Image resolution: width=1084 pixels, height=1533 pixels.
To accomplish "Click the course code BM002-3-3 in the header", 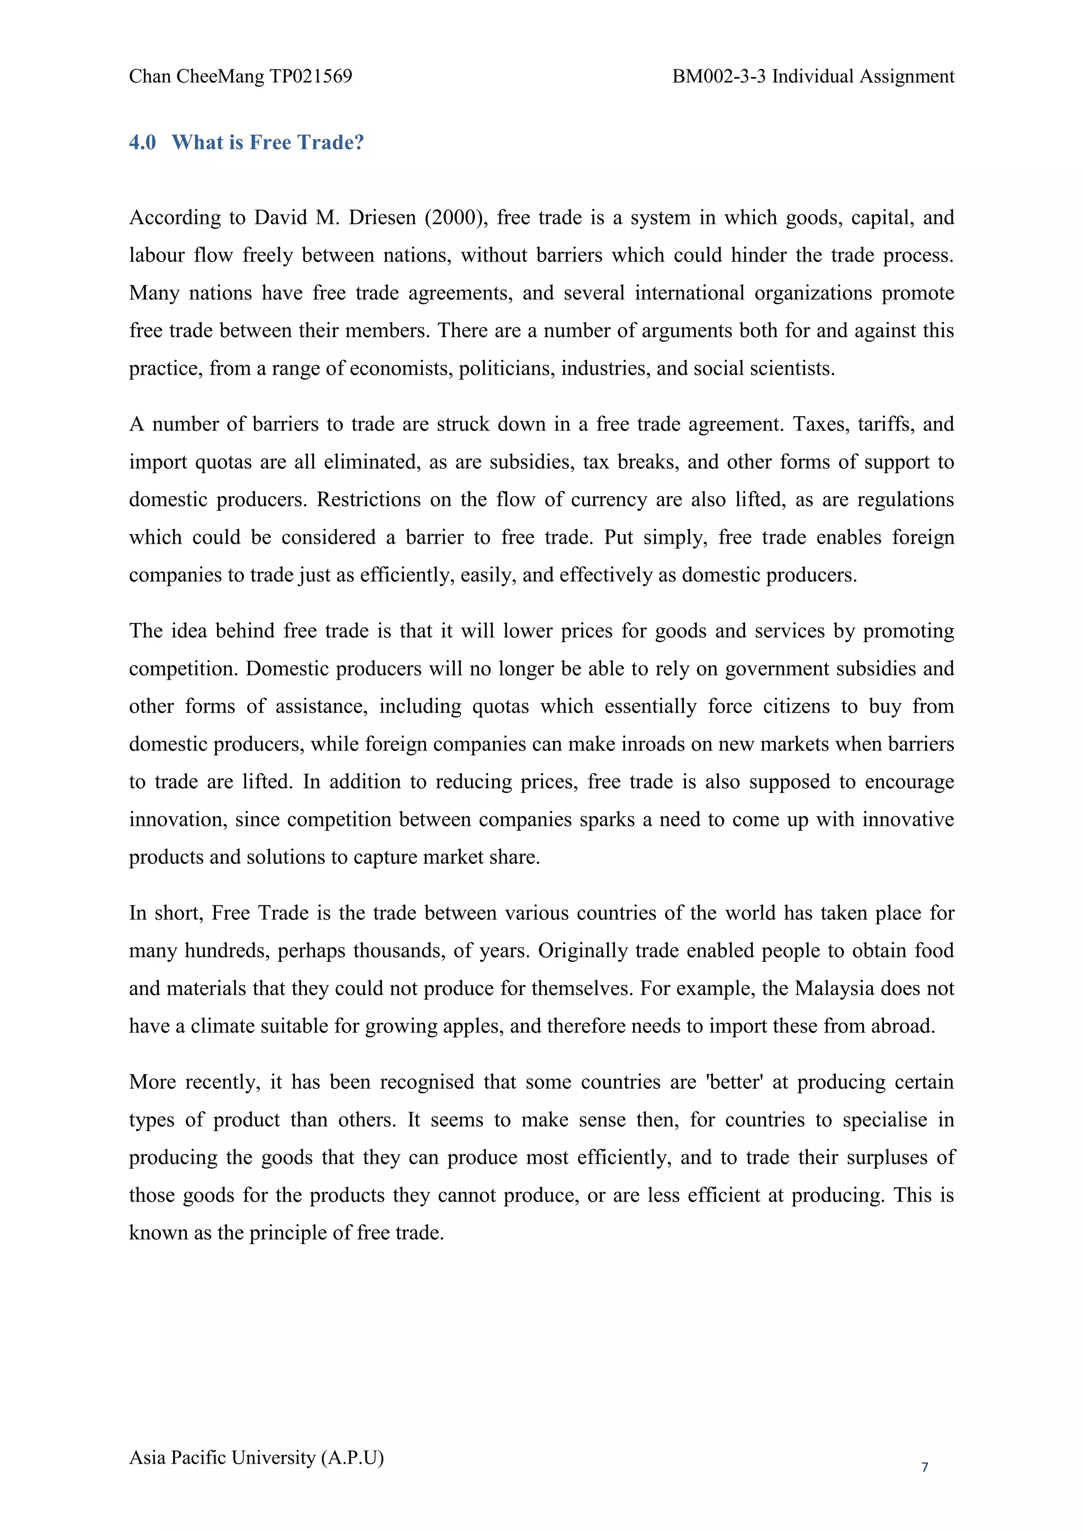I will (x=719, y=77).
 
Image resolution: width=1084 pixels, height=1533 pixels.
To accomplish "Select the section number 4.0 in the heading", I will (x=142, y=142).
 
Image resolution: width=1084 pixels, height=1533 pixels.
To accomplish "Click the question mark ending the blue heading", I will (x=358, y=142).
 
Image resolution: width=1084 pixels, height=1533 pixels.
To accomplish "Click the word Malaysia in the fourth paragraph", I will (x=834, y=989).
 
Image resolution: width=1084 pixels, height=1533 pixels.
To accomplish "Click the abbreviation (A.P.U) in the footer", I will (x=353, y=1457).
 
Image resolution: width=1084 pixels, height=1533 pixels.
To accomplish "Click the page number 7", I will (x=925, y=1467).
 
